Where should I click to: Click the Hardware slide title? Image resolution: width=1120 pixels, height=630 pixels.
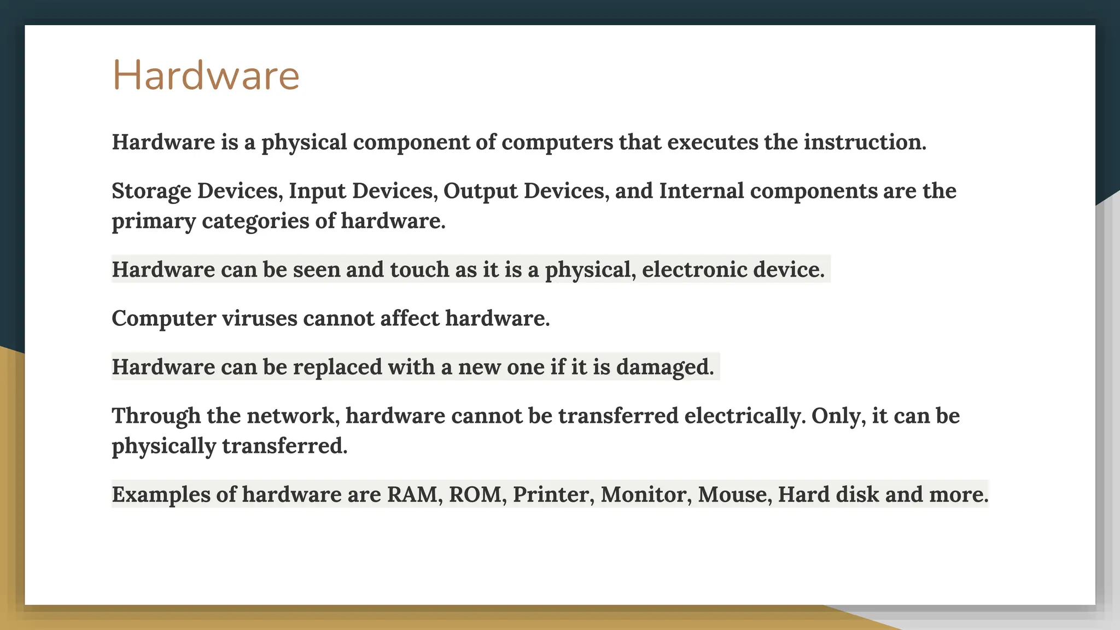click(206, 75)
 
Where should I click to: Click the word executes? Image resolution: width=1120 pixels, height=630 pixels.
click(712, 142)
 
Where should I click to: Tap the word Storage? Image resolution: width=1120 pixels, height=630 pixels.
click(151, 191)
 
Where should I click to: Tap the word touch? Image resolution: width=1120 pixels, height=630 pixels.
click(419, 270)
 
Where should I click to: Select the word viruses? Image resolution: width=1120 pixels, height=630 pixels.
click(259, 318)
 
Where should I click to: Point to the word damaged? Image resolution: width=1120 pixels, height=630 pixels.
click(664, 367)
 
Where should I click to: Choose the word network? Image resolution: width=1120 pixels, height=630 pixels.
click(293, 416)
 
